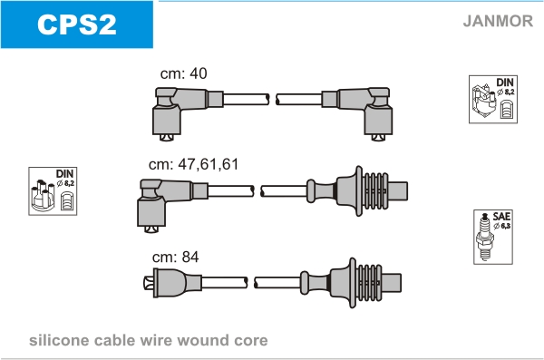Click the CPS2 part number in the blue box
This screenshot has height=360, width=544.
pos(77,24)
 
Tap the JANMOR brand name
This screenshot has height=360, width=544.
pos(498,21)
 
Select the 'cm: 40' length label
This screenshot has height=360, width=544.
pos(183,73)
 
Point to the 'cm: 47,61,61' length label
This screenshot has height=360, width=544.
pos(194,164)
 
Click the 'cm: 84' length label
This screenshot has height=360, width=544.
pos(176,258)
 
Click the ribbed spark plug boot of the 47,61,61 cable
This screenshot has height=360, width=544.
pos(357,191)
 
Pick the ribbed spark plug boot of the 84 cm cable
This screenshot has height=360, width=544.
pos(351,283)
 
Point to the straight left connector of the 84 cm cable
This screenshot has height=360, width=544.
pos(172,283)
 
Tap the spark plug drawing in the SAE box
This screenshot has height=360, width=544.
pos(485,237)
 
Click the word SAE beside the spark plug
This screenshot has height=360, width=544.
pos(501,217)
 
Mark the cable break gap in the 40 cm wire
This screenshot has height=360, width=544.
pos(273,99)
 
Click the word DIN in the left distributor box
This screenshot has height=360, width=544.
pos(64,173)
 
